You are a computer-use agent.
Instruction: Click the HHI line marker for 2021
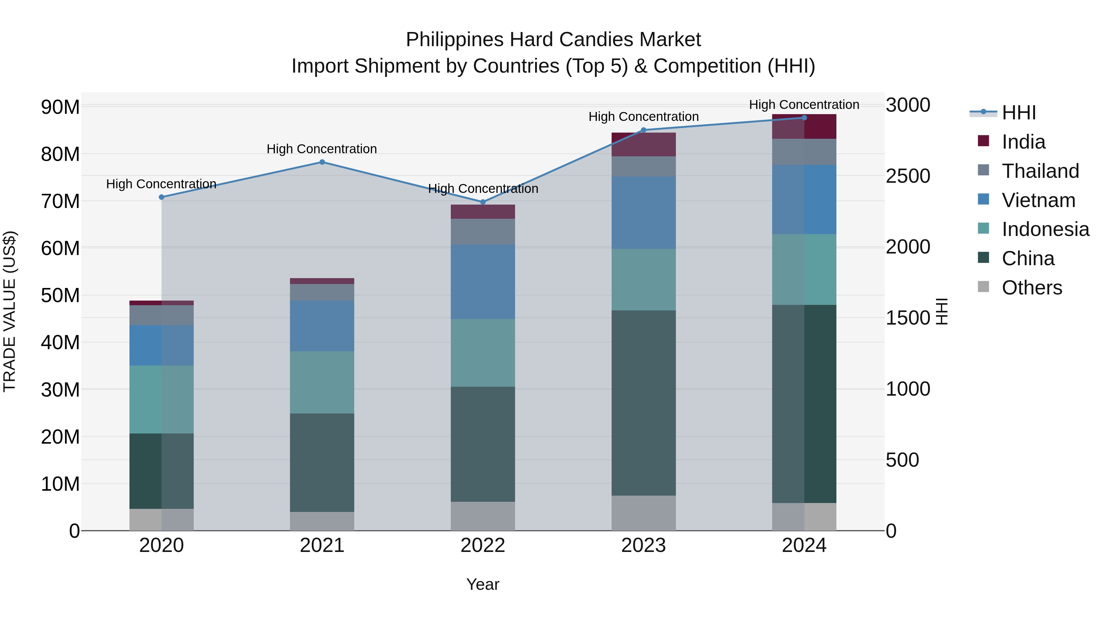click(322, 162)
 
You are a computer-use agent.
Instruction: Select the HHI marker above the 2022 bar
click(482, 202)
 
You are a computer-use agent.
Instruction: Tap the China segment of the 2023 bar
click(643, 403)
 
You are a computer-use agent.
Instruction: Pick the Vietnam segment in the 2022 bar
click(482, 282)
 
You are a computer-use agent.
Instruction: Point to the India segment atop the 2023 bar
click(643, 145)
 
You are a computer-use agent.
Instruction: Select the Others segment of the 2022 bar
click(482, 516)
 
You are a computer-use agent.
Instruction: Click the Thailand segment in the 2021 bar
click(322, 292)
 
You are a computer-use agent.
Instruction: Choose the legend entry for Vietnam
click(1038, 200)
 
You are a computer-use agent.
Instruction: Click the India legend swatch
click(983, 141)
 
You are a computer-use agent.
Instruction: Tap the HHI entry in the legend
click(1018, 113)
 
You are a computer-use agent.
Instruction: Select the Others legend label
click(1031, 288)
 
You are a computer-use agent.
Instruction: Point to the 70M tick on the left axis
click(60, 201)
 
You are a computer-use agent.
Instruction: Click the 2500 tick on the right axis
click(908, 176)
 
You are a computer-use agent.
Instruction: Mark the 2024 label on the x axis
click(804, 545)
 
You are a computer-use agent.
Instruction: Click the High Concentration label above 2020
click(161, 184)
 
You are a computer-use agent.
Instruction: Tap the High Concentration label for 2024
click(804, 105)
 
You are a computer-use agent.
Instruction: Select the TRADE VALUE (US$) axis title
click(10, 311)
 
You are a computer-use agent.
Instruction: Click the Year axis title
click(482, 584)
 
